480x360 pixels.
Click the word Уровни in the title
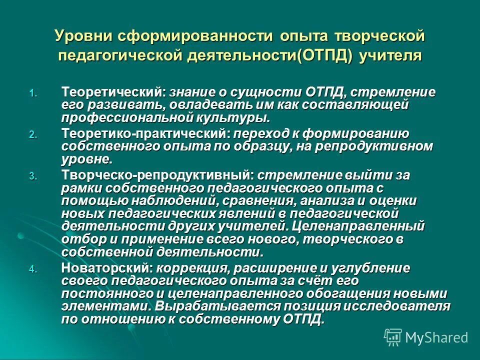click(83, 36)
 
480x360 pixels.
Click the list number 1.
click(32, 93)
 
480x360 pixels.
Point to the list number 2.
click(32, 134)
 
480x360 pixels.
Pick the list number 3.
click(32, 176)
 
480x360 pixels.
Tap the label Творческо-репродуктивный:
click(158, 175)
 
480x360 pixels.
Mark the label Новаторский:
click(107, 268)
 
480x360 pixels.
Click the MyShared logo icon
click(393, 337)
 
